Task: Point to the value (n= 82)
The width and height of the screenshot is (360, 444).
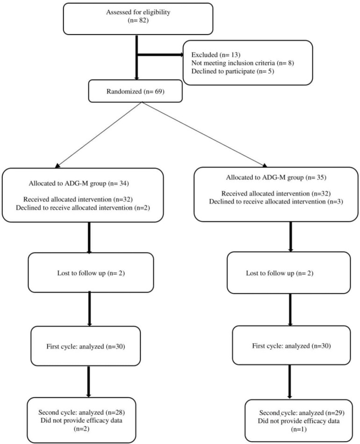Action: pos(136,22)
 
